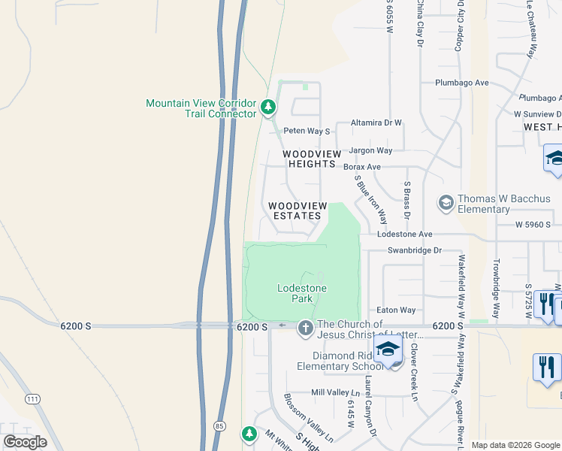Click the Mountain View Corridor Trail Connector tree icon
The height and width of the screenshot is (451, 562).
(268, 109)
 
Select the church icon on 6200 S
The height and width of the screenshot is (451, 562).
(305, 328)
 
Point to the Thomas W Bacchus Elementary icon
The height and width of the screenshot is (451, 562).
(446, 203)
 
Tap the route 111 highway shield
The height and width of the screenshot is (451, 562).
(32, 398)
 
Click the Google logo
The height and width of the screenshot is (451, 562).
(25, 442)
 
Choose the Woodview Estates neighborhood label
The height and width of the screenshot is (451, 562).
(298, 210)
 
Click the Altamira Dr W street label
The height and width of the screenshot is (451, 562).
(378, 123)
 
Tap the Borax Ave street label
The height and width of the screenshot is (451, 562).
(362, 167)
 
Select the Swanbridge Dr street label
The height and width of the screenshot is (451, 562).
(414, 250)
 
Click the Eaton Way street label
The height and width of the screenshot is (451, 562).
(396, 310)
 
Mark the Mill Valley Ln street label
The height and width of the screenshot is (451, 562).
(336, 392)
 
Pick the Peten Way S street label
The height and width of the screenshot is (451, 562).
(307, 131)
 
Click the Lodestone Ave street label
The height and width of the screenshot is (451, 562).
(405, 235)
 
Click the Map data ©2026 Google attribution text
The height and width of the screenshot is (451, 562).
(515, 445)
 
